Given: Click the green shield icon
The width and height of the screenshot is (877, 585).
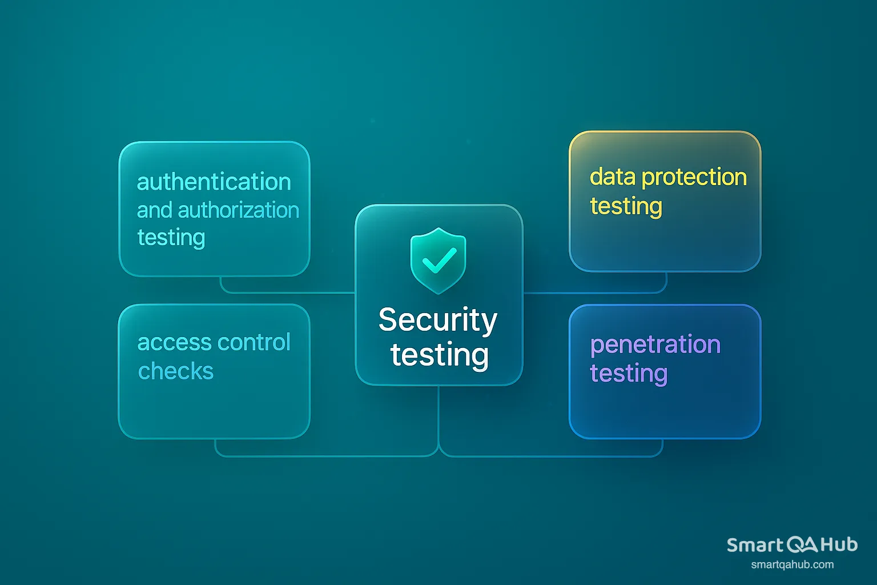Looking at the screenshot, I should tap(438, 261).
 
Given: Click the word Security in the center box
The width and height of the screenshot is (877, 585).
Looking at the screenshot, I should tap(438, 320).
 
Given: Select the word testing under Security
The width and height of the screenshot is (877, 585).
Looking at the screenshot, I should tap(440, 355).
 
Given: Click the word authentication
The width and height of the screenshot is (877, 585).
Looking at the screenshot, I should tap(214, 182).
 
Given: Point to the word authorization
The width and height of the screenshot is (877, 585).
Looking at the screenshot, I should tap(239, 210).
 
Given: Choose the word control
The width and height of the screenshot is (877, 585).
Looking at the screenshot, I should tap(254, 342).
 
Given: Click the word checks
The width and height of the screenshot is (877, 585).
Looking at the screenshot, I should tap(176, 371).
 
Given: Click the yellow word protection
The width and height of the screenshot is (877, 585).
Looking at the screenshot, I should tap(694, 178).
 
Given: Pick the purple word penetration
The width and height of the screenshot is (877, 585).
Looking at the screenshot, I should tap(655, 345).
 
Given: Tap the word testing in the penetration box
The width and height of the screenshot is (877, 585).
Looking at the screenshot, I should tap(629, 374).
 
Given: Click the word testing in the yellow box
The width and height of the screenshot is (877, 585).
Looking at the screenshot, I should tap(626, 206).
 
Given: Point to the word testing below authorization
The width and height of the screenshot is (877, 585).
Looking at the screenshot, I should tap(171, 238).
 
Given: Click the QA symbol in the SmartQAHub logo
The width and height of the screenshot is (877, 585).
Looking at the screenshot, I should tap(802, 545).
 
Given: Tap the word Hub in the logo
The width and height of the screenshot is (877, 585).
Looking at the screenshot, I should tap(839, 544).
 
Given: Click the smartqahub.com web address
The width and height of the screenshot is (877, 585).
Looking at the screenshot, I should tap(792, 564).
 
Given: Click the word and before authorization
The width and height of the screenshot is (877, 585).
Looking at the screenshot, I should tap(155, 210).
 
